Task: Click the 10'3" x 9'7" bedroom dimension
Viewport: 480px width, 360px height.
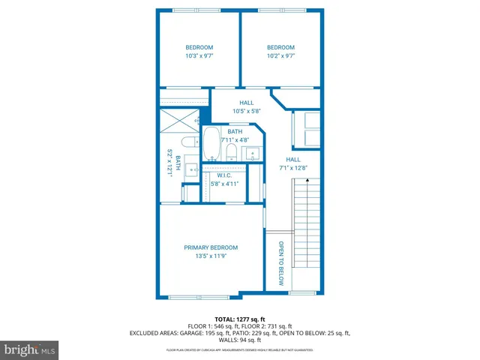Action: [x=199, y=55]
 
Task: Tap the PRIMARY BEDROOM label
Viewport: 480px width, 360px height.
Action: [x=211, y=247]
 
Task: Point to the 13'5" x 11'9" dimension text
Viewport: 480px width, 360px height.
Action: [x=211, y=256]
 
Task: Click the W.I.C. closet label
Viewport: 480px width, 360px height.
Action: [x=224, y=175]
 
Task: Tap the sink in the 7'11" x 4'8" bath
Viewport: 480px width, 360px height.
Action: [x=253, y=154]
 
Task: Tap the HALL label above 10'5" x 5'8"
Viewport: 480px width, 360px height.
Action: [x=247, y=103]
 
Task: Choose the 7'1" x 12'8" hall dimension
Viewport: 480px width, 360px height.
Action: [x=294, y=168]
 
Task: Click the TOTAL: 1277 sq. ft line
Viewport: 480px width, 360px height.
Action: [x=240, y=319]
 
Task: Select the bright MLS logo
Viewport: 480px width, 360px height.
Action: [x=30, y=349]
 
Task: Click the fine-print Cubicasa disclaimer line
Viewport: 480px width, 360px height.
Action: [x=240, y=350]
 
